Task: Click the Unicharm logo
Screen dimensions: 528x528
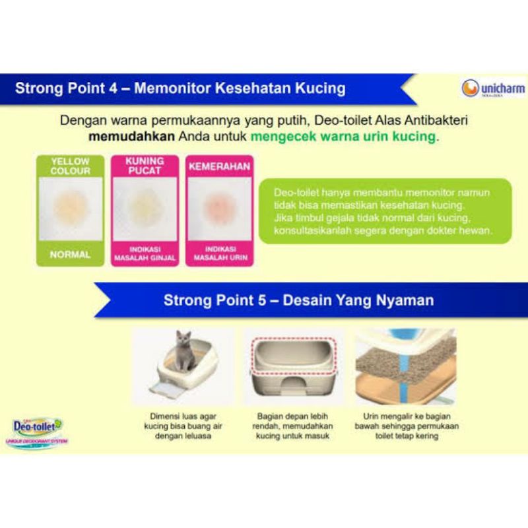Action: click(492, 88)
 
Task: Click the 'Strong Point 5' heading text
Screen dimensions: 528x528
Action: click(298, 300)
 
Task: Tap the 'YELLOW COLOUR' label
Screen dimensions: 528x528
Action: click(70, 165)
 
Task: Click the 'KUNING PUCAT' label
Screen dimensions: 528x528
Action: click(145, 166)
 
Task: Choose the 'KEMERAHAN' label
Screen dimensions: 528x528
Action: click(219, 166)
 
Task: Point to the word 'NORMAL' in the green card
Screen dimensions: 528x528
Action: click(70, 254)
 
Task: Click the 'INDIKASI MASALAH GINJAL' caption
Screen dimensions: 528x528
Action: click(145, 253)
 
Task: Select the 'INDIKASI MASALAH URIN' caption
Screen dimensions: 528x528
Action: click(219, 253)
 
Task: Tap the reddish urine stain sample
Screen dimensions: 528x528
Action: click(219, 208)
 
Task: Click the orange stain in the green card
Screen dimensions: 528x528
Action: click(70, 208)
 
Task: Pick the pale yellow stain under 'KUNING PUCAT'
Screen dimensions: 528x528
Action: click(145, 208)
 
